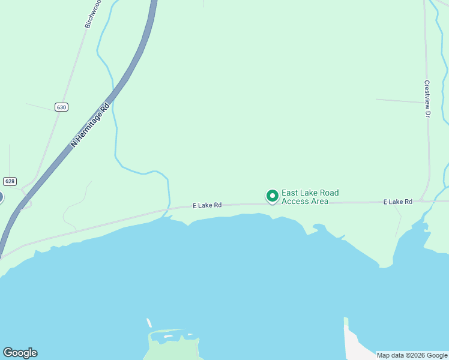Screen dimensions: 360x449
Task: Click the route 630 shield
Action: pos(61,107)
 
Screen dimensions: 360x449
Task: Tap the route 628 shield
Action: pos(10,181)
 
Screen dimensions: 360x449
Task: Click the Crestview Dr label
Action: pos(427,98)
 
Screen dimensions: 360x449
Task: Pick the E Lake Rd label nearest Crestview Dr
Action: pos(397,202)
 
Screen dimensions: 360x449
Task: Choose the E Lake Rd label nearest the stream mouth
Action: pos(207,205)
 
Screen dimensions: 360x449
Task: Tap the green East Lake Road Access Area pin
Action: pos(272,196)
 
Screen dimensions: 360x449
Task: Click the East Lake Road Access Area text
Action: pos(310,197)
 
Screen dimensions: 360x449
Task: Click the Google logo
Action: pos(20,353)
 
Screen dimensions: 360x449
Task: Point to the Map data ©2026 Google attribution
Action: pos(412,356)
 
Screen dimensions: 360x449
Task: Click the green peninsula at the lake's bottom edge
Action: pos(174,348)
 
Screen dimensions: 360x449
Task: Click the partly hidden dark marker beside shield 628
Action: pos(1,197)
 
